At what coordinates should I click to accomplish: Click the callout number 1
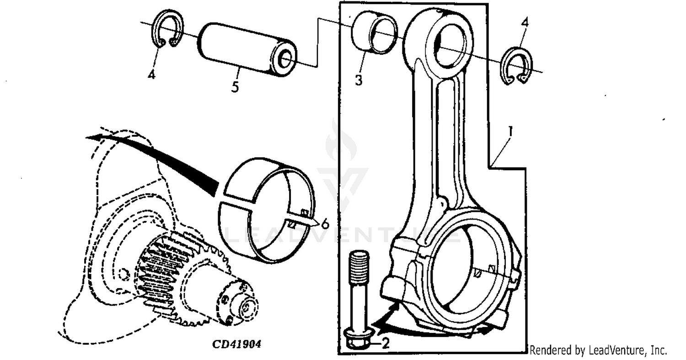[510, 132]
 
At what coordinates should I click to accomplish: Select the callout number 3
[359, 80]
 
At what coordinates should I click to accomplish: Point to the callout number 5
[235, 86]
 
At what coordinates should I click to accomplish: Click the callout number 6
[325, 224]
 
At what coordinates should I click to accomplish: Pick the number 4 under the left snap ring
[152, 74]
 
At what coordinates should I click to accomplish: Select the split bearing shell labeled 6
[268, 210]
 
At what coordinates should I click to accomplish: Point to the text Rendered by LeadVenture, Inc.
[598, 351]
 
